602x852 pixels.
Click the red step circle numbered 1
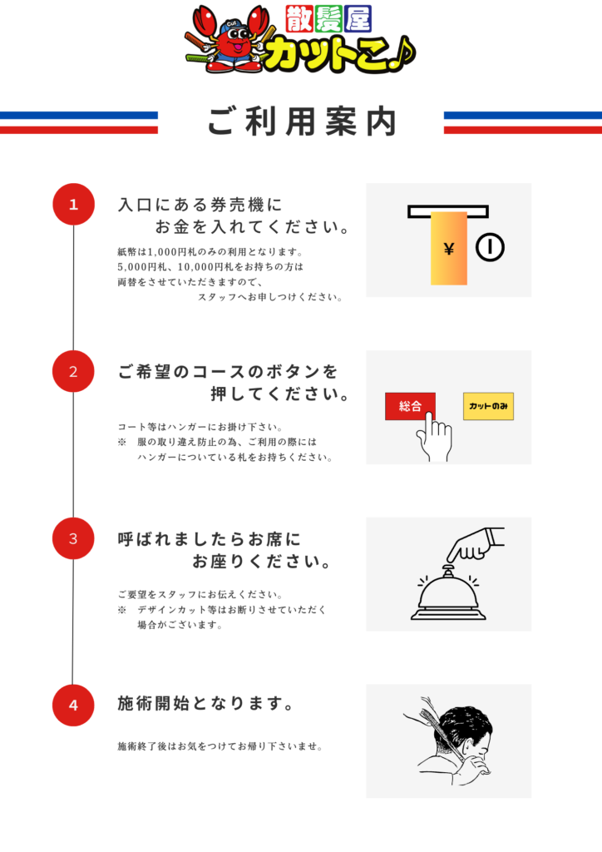(x=73, y=205)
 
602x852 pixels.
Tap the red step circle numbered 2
(x=73, y=372)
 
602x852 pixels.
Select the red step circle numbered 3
(x=73, y=538)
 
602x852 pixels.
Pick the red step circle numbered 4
(x=73, y=706)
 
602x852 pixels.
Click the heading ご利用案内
(x=302, y=121)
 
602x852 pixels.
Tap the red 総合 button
(x=410, y=406)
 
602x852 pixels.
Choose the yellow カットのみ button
(x=488, y=406)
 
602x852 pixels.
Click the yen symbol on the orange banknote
(x=448, y=249)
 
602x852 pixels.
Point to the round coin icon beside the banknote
(x=490, y=247)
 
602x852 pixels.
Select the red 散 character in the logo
(x=299, y=19)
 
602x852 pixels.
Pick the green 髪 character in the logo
(x=328, y=19)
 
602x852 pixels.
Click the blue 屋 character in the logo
(x=358, y=19)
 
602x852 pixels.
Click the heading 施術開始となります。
(x=206, y=703)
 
